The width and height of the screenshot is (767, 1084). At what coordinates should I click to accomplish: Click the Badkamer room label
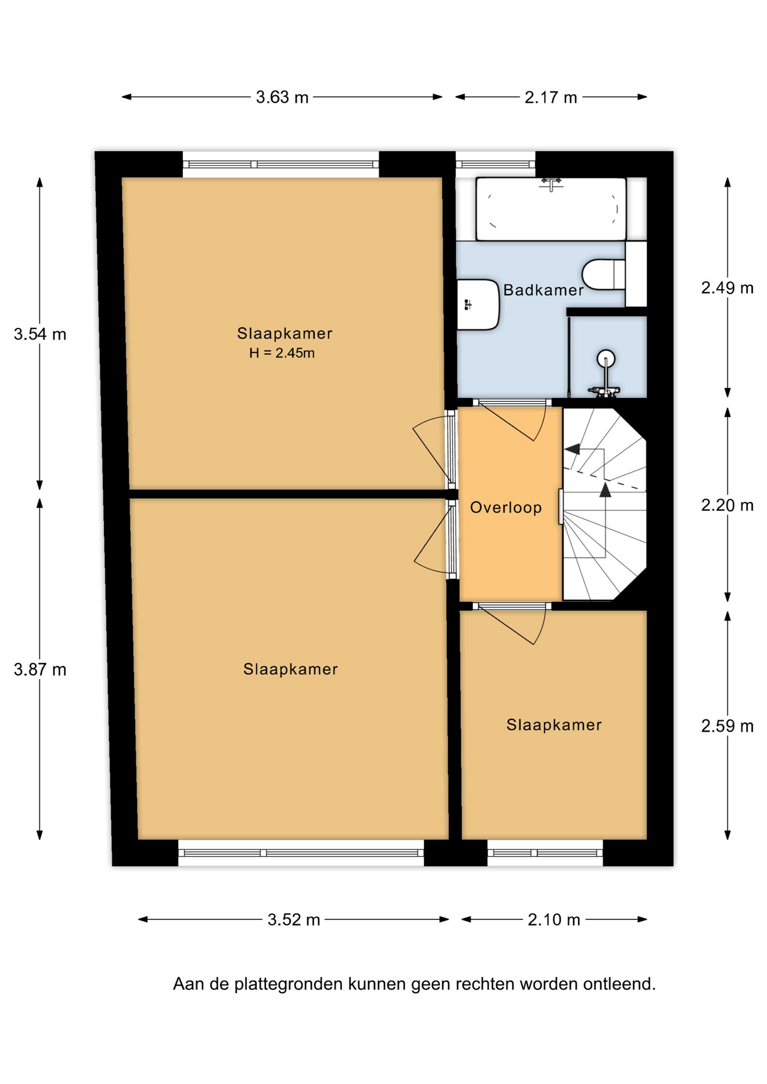(x=543, y=290)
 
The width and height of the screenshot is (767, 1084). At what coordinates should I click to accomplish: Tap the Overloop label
(x=506, y=508)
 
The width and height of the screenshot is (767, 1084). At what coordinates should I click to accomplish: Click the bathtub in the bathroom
(x=551, y=209)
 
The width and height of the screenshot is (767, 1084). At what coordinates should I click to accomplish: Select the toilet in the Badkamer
(x=604, y=274)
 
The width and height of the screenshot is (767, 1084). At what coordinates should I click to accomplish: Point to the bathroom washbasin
(x=478, y=304)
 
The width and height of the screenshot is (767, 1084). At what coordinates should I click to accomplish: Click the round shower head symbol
(x=605, y=358)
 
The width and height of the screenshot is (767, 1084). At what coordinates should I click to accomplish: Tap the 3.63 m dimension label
(x=282, y=98)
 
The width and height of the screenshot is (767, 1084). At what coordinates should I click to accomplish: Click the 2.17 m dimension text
(x=551, y=98)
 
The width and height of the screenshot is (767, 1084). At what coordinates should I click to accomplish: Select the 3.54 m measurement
(x=40, y=334)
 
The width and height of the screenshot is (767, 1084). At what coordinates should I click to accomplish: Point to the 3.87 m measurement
(x=40, y=670)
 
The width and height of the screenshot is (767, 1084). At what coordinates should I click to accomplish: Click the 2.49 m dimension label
(x=727, y=288)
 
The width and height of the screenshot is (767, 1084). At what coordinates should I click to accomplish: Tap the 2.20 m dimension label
(x=727, y=505)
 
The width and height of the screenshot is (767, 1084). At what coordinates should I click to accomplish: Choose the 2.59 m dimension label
(x=727, y=726)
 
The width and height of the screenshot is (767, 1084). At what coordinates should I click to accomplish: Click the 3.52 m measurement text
(x=294, y=920)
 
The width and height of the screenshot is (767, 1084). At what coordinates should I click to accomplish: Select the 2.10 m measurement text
(x=554, y=920)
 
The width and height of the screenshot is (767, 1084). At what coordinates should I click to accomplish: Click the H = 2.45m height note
(x=282, y=353)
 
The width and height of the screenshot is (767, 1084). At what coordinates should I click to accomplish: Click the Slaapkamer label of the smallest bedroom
(x=554, y=725)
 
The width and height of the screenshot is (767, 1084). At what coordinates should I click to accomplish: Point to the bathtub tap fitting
(x=551, y=183)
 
